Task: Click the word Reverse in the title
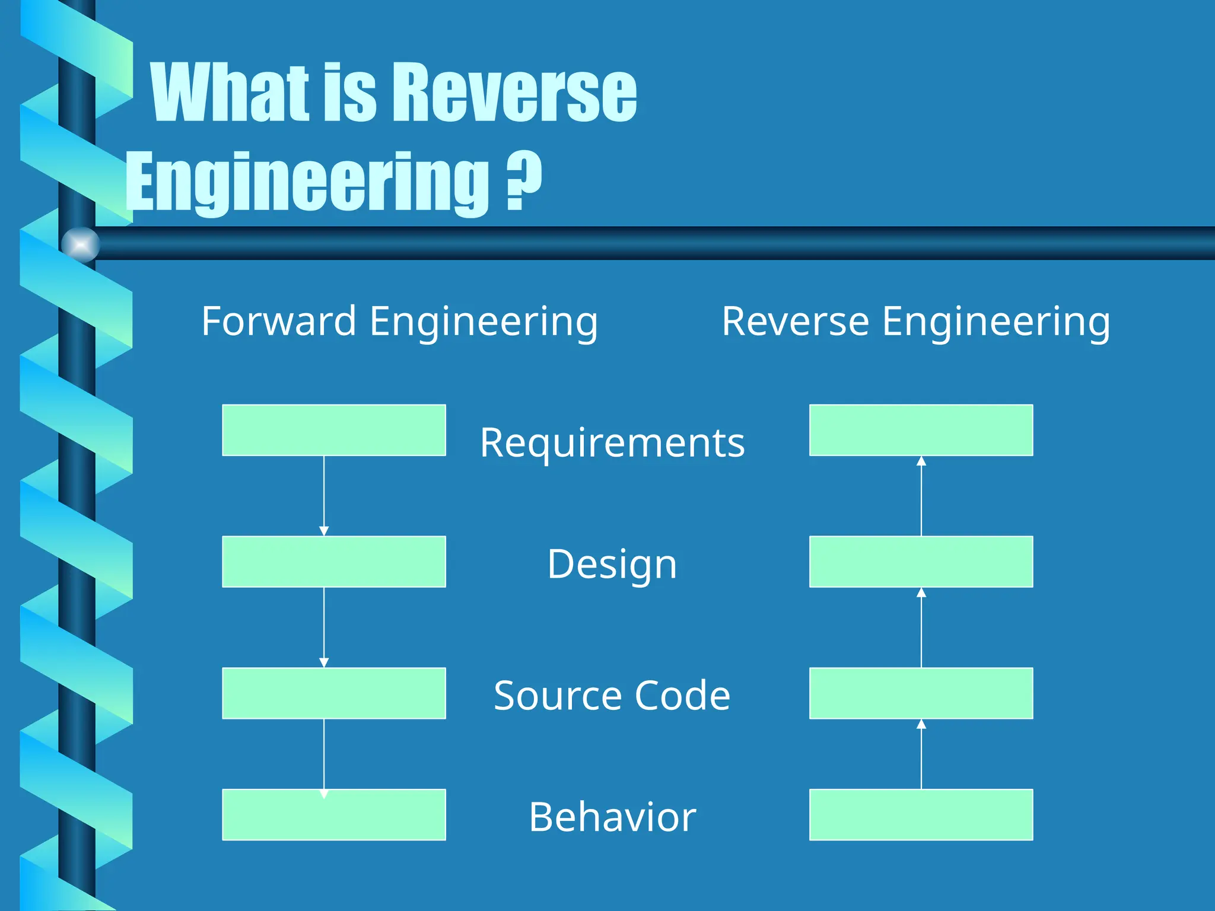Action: [x=515, y=94]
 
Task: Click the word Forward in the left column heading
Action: [x=278, y=321]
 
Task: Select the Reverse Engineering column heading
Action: [x=915, y=321]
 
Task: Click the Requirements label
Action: [x=612, y=443]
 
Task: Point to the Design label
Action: [x=612, y=564]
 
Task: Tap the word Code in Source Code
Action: [x=682, y=695]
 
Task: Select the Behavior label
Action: [x=612, y=817]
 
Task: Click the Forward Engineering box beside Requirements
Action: [x=334, y=430]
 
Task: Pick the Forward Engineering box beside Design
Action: [x=334, y=562]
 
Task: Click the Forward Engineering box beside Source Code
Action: [x=334, y=693]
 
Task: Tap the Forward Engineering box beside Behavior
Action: [x=334, y=814]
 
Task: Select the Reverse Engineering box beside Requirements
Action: [x=921, y=430]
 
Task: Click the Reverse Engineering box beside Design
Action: [x=921, y=562]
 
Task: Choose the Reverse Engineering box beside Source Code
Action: [x=921, y=693]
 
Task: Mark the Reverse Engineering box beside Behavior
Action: [x=921, y=814]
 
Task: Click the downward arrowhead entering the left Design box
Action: [x=324, y=531]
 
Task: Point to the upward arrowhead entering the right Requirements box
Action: [x=921, y=461]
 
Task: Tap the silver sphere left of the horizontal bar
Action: [x=80, y=244]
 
